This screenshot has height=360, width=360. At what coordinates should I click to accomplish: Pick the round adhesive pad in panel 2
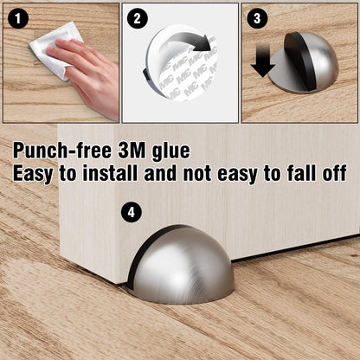182,69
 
